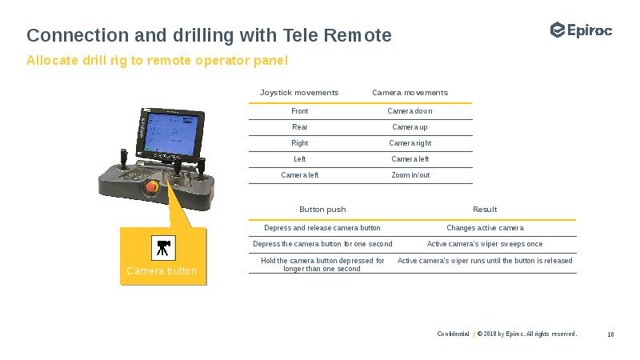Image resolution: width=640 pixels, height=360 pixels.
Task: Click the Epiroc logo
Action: (x=581, y=30)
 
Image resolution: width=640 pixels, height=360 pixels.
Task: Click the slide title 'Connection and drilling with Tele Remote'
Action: (x=209, y=35)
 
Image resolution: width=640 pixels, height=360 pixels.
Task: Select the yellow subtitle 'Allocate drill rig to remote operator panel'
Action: (x=157, y=61)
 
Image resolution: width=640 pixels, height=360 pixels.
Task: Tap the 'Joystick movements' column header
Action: (x=299, y=93)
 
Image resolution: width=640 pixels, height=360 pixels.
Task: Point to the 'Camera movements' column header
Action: (x=410, y=93)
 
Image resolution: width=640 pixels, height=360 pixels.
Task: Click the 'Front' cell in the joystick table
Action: (x=299, y=111)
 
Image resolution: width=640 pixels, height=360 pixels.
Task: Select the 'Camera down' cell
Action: (x=410, y=111)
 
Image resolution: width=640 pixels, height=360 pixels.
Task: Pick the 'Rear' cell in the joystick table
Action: (x=299, y=127)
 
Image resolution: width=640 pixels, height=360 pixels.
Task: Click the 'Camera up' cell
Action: (x=410, y=127)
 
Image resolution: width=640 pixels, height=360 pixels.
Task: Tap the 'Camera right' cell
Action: (x=410, y=143)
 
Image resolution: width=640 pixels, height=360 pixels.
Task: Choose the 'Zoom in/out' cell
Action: (x=410, y=175)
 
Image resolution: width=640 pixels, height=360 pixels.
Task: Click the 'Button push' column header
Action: (x=322, y=210)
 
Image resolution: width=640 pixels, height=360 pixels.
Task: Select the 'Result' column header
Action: (x=485, y=210)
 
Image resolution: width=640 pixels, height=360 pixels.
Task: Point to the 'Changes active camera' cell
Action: (x=485, y=228)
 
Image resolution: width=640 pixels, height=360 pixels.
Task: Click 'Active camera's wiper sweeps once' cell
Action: (x=485, y=244)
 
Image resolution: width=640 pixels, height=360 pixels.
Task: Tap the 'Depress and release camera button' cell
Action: (x=322, y=228)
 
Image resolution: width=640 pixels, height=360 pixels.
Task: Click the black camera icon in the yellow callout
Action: (x=162, y=247)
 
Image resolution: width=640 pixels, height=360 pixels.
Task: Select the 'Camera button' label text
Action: (x=162, y=271)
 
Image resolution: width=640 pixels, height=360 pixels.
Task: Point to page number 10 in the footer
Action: (x=610, y=334)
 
